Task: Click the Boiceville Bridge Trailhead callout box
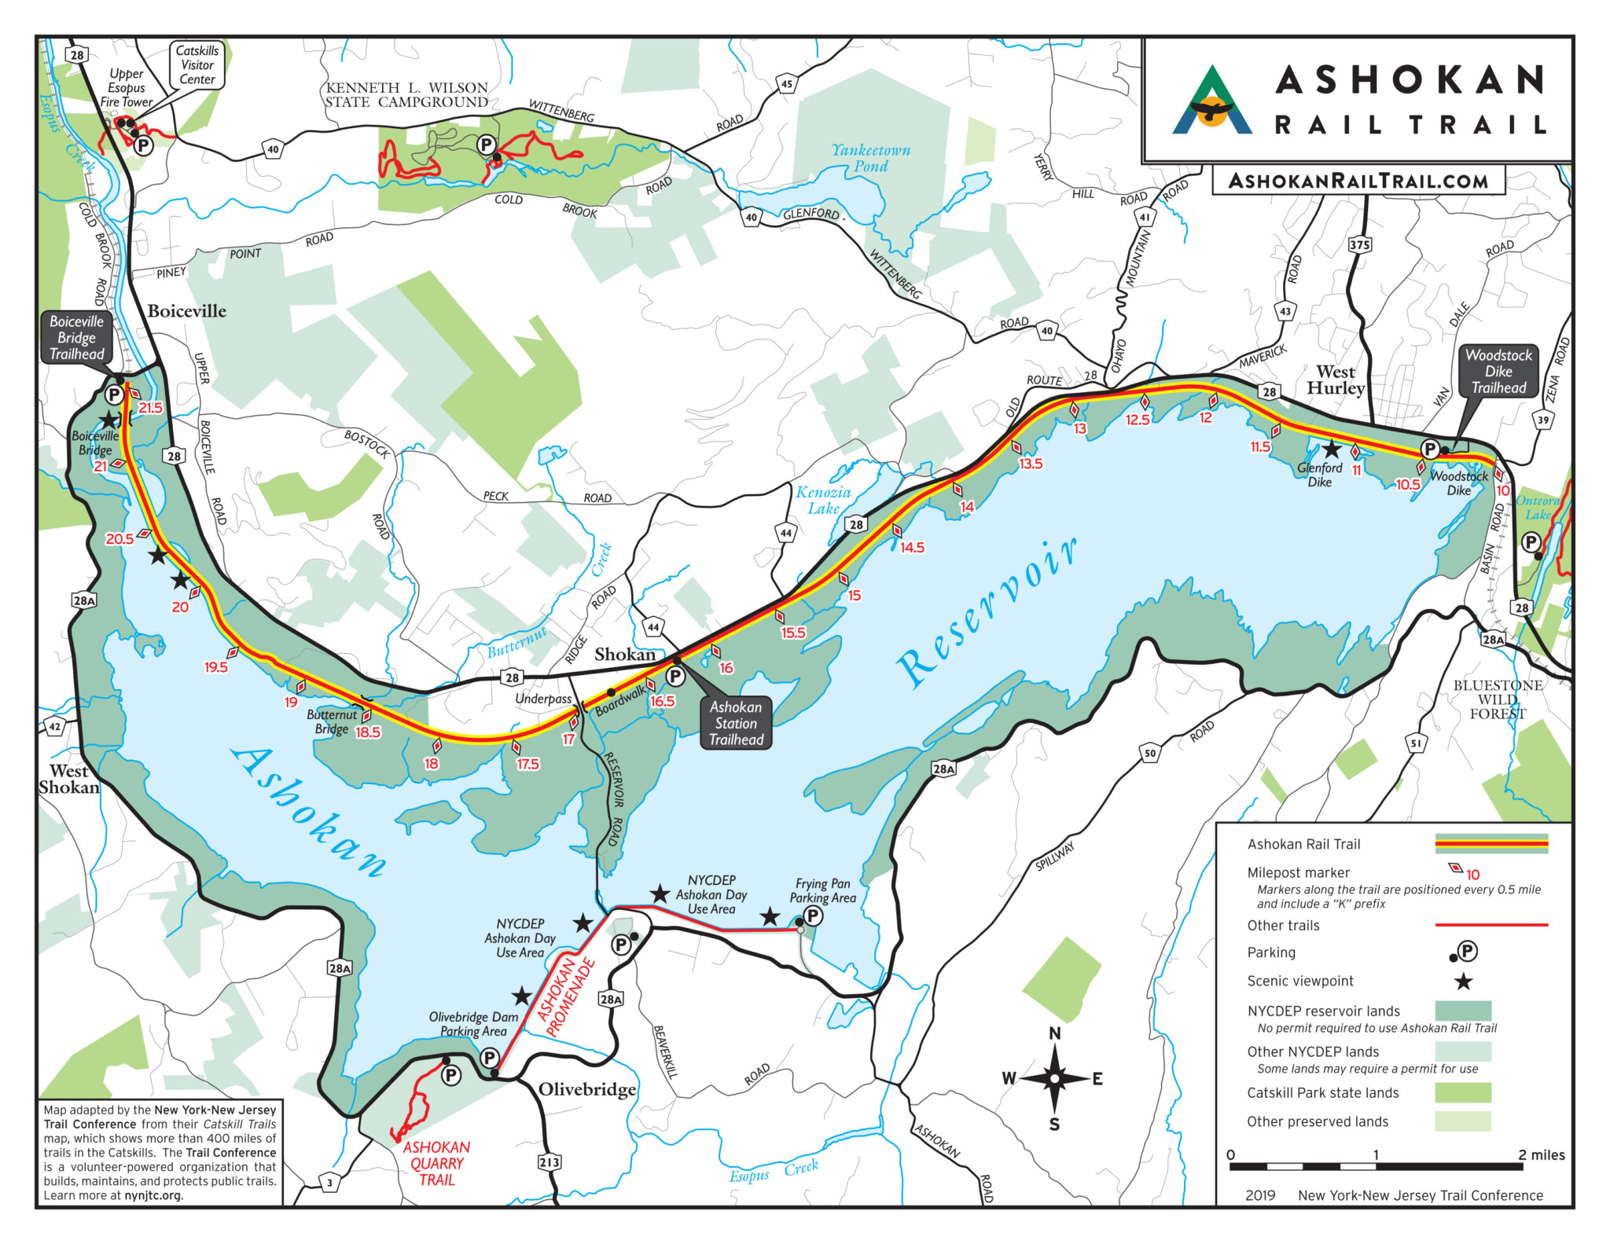76,338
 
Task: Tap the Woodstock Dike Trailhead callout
1498,371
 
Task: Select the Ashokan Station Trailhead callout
736,723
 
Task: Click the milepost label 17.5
527,764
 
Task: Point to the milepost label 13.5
1031,464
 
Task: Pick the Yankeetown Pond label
871,158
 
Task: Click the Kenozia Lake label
823,500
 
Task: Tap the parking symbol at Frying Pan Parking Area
813,916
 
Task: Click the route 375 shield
1359,244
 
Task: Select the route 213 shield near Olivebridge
550,1161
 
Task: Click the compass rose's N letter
1054,1033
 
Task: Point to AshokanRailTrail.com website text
1358,182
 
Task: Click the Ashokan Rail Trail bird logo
1212,101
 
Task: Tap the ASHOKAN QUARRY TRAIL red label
436,1163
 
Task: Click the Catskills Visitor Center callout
197,65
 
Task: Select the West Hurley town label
1336,380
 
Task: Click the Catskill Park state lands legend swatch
1462,1092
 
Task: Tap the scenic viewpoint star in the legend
1462,981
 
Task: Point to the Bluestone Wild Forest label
1498,699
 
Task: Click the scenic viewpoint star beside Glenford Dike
1330,450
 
